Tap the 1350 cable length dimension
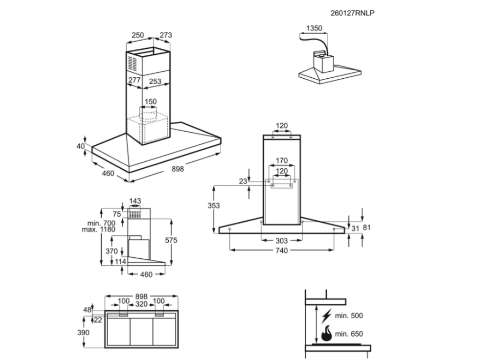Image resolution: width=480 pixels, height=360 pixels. [x=314, y=28]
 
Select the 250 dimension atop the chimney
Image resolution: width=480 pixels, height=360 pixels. [x=137, y=35]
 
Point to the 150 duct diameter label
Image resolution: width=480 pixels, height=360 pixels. [x=150, y=102]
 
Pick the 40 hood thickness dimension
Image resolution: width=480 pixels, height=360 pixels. [x=80, y=146]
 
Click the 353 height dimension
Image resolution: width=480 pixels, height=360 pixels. [x=214, y=205]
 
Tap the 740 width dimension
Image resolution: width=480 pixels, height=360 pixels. [x=281, y=250]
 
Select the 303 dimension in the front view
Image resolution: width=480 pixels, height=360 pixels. [x=281, y=240]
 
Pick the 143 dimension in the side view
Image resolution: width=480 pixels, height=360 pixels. [x=135, y=202]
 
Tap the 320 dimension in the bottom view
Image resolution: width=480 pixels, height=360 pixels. [x=141, y=304]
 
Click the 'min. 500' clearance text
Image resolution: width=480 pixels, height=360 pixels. [x=350, y=316]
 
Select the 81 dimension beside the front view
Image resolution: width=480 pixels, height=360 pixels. [x=367, y=228]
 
